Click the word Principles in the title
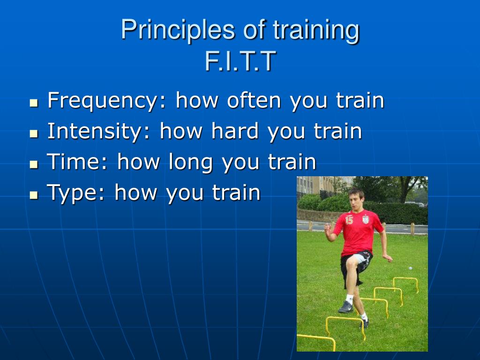(x=178, y=30)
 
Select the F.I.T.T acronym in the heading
(x=240, y=61)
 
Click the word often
(x=254, y=100)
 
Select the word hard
(x=235, y=131)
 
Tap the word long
(x=191, y=162)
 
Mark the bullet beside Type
(x=34, y=195)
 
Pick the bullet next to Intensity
(x=34, y=134)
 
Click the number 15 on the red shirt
(x=349, y=220)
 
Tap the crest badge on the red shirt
(x=366, y=219)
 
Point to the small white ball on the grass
(x=411, y=268)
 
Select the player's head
(x=357, y=200)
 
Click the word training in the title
(x=316, y=30)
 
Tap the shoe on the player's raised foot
(x=345, y=307)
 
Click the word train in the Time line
(x=292, y=162)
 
